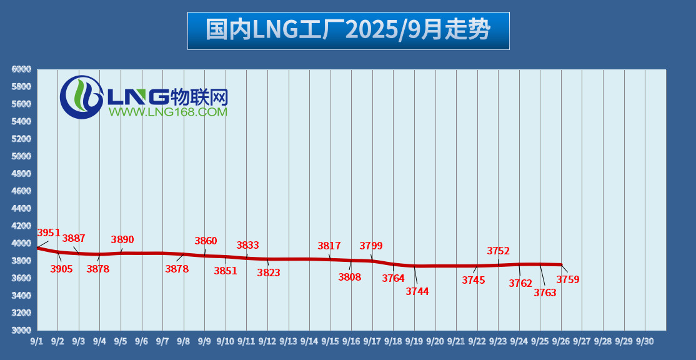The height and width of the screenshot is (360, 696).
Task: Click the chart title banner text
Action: click(x=348, y=30)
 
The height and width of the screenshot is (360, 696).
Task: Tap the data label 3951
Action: click(x=49, y=233)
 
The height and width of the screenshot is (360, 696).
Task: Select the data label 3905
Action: click(x=61, y=269)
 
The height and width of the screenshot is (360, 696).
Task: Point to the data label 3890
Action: click(x=122, y=240)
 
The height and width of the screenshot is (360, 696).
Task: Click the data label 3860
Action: click(x=206, y=241)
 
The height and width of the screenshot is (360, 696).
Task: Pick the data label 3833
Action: click(x=247, y=246)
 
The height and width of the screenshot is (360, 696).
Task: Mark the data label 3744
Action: click(x=417, y=291)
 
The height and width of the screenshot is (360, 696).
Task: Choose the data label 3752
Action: click(x=498, y=251)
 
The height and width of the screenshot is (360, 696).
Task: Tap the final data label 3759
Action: click(x=568, y=280)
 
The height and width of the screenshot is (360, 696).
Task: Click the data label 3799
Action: click(x=371, y=246)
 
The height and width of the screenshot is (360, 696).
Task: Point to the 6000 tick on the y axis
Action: click(x=21, y=69)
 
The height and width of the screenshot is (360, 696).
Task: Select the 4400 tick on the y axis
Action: click(x=21, y=208)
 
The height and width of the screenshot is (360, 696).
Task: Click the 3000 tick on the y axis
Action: click(x=21, y=330)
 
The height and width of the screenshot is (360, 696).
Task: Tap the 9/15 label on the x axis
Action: click(x=330, y=341)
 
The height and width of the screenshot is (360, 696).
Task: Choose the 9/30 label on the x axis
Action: click(x=644, y=341)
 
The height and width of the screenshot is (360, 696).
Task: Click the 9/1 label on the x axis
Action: click(x=36, y=341)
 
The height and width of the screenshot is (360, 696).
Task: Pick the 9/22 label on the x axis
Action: click(x=477, y=341)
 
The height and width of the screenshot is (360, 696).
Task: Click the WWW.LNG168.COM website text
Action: click(x=168, y=112)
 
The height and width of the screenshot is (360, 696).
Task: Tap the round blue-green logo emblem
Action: click(x=81, y=97)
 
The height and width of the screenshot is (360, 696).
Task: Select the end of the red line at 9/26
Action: click(x=561, y=265)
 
